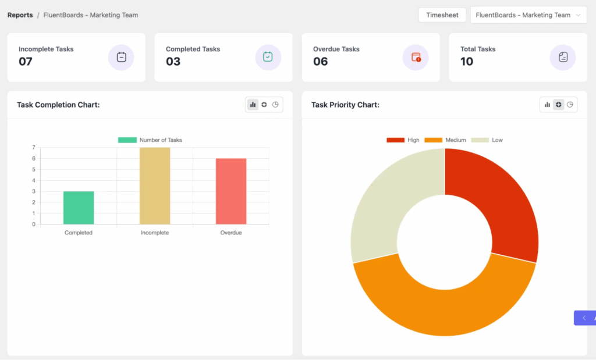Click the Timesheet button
(442, 15)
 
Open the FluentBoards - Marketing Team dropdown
(528, 15)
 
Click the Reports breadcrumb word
(20, 15)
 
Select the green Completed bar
(79, 208)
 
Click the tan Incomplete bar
(155, 186)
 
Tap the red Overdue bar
(231, 191)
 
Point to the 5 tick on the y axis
(33, 169)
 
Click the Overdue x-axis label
(231, 233)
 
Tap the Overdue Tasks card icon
(416, 57)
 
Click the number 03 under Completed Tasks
(173, 62)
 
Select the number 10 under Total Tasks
(467, 62)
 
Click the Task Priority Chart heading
(345, 105)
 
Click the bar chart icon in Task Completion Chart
(253, 105)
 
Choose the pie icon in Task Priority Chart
(570, 105)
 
